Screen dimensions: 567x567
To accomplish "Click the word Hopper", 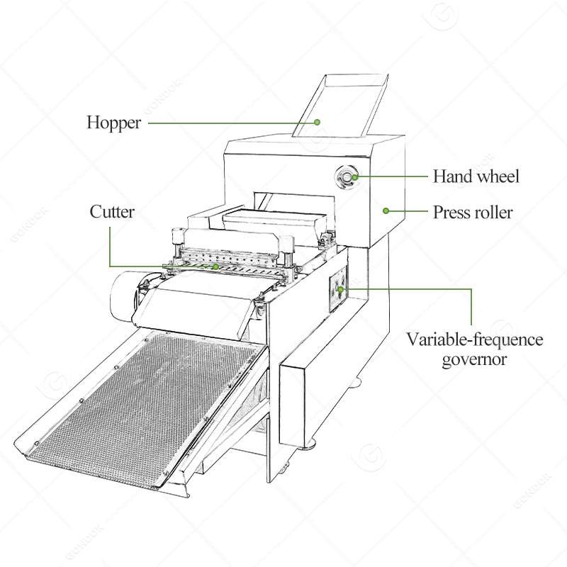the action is tap(113, 123).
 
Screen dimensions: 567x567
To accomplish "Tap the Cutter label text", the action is tap(112, 212).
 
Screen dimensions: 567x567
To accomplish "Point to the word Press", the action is tap(452, 212).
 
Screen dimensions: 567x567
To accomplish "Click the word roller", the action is tap(494, 212).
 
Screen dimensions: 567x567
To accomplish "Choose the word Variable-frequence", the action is tap(475, 340).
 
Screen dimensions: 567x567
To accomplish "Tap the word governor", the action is tap(474, 360).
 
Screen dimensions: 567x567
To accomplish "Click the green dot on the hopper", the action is tap(317, 122).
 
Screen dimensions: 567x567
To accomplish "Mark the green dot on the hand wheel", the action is tap(355, 177).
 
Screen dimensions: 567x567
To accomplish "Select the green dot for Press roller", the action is tap(386, 210).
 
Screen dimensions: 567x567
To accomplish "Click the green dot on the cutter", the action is tap(216, 266).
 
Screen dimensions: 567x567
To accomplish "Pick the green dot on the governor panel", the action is tap(341, 289).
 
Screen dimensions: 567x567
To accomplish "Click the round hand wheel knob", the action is tap(347, 177).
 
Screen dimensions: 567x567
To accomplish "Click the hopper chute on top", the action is tap(340, 106).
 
